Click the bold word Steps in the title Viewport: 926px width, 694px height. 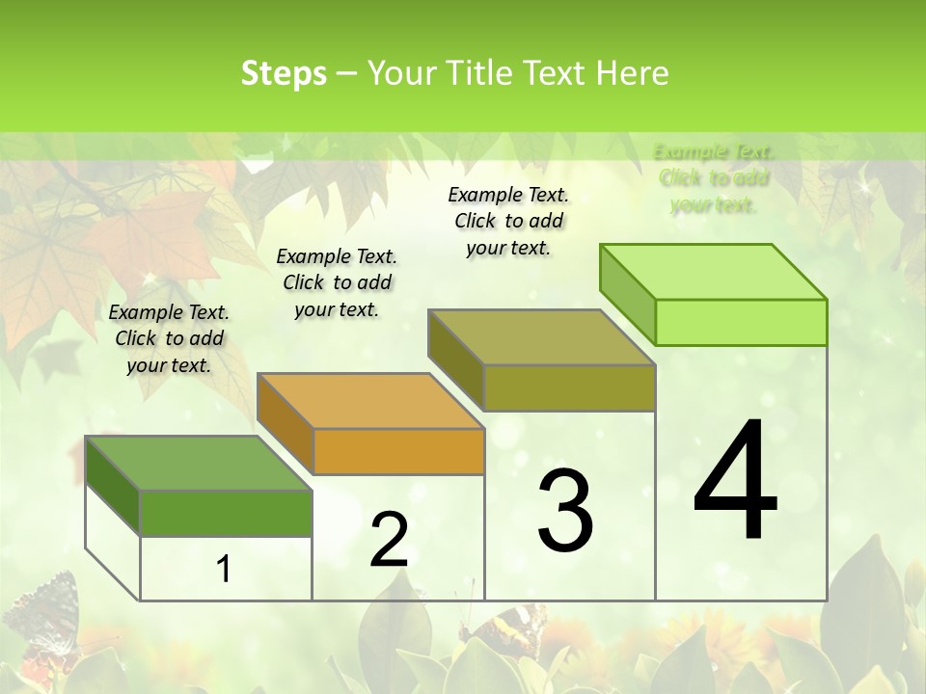[284, 73]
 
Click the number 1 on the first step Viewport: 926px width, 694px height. [224, 570]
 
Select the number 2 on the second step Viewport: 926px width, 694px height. [389, 541]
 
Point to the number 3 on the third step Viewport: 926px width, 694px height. [565, 510]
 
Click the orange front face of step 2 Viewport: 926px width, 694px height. [398, 451]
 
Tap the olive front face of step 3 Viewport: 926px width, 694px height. [569, 387]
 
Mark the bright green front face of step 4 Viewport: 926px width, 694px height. [741, 322]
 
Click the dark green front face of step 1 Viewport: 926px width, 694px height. [226, 513]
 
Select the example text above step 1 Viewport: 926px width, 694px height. [169, 338]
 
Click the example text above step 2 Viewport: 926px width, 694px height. [337, 282]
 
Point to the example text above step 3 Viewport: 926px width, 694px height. [508, 221]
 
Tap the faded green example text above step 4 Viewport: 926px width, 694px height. [714, 178]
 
